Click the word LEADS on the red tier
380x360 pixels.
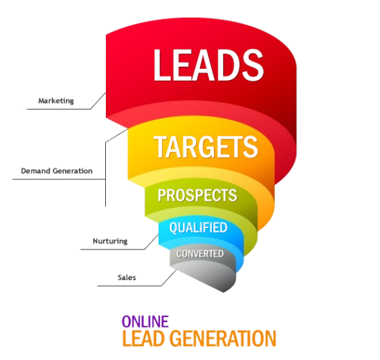pyautogui.click(x=209, y=65)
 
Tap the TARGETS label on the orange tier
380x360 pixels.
pyautogui.click(x=206, y=147)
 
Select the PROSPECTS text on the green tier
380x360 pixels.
pyautogui.click(x=197, y=196)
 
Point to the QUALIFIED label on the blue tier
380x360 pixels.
pyautogui.click(x=199, y=227)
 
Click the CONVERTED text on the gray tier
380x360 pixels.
pyautogui.click(x=200, y=253)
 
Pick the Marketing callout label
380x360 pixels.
pyautogui.click(x=56, y=101)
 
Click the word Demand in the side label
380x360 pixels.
pyautogui.click(x=36, y=171)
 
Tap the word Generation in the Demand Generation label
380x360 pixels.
pyautogui.click(x=73, y=171)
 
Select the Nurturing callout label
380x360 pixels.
pyautogui.click(x=110, y=241)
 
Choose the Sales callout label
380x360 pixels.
pyautogui.click(x=127, y=278)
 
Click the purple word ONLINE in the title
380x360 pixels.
pyautogui.click(x=145, y=321)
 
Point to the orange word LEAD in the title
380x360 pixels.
pyautogui.click(x=144, y=339)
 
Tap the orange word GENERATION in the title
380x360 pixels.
pyautogui.click(x=224, y=339)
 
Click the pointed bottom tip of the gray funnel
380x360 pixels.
pyautogui.click(x=224, y=292)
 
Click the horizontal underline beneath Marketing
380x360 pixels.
pyautogui.click(x=59, y=109)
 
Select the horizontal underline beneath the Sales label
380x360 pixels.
pyautogui.click(x=130, y=286)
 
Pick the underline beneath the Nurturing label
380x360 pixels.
pyautogui.click(x=113, y=250)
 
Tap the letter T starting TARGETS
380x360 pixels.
pyautogui.click(x=161, y=147)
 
